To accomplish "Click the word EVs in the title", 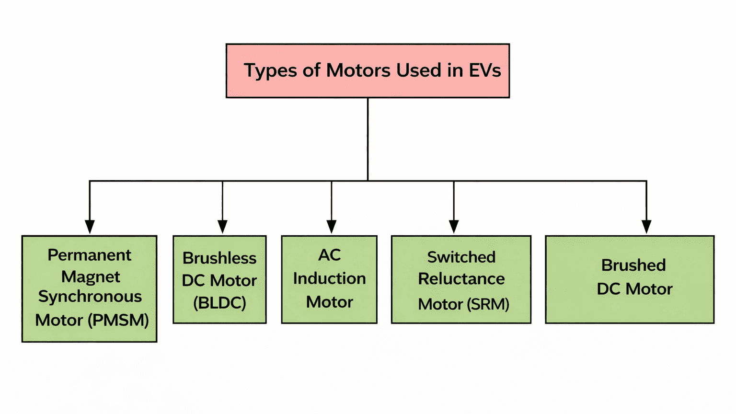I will (484, 70).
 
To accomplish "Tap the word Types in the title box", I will (271, 71).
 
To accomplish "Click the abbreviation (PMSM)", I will (118, 320).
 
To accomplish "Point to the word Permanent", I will (90, 255).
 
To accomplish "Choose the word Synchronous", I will (90, 297).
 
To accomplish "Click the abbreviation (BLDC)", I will (219, 303).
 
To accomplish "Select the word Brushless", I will (219, 258).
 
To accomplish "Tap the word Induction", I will (330, 278).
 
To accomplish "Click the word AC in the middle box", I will (330, 255).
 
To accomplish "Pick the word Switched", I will (461, 257).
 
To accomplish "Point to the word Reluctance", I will (461, 279).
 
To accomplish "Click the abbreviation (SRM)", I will (488, 304).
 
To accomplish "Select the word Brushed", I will (633, 265).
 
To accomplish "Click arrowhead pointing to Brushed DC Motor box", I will (646, 227).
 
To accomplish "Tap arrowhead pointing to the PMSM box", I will (90, 227).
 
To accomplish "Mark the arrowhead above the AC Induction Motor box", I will (332, 227).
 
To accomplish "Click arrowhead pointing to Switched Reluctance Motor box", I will (454, 227).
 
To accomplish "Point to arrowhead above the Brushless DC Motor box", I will (222, 227).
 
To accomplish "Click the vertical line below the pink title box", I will (368, 139).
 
